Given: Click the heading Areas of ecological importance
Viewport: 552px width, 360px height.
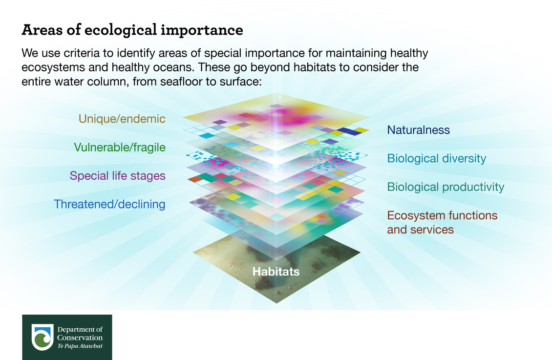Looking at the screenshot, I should coord(132,30).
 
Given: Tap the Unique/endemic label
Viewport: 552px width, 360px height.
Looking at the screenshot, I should coord(122,119).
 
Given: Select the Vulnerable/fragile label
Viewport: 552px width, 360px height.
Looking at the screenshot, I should coord(120,147).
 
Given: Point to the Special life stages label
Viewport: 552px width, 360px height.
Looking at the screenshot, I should coord(118,175).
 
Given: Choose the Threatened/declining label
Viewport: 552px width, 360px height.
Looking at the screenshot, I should coord(109,204).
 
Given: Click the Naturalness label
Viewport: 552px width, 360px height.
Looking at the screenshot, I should coord(418,130).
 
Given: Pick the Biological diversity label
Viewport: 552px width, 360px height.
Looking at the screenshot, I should coord(436,158).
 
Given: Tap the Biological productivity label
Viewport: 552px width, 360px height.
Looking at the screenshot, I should coord(446,187).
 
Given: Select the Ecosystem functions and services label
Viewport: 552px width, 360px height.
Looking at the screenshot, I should coord(442,222).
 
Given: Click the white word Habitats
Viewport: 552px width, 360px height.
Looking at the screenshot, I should coord(276,272).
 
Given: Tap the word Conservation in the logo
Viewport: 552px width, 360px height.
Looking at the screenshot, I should coord(80,338).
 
